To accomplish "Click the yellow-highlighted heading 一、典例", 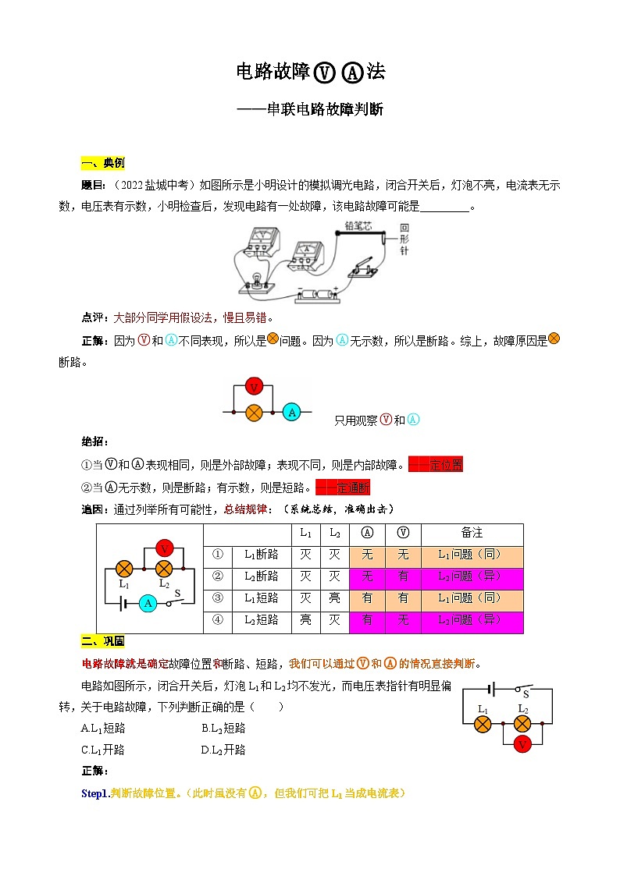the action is click(x=102, y=163).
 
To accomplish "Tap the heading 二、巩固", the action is click(x=102, y=641).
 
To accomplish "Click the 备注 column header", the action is click(x=472, y=534).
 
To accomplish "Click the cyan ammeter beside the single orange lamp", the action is click(x=291, y=412).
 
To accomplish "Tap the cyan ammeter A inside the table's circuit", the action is click(x=148, y=602).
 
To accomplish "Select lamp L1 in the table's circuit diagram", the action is click(x=124, y=569).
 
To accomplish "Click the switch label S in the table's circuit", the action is click(x=177, y=593).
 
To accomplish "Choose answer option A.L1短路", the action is click(x=103, y=728).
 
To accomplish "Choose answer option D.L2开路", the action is click(x=223, y=750).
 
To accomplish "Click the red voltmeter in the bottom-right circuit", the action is click(x=522, y=744).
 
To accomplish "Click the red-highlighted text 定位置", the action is click(x=446, y=465).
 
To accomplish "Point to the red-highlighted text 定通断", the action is click(x=352, y=488).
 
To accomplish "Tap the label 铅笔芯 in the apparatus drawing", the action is click(x=359, y=227).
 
